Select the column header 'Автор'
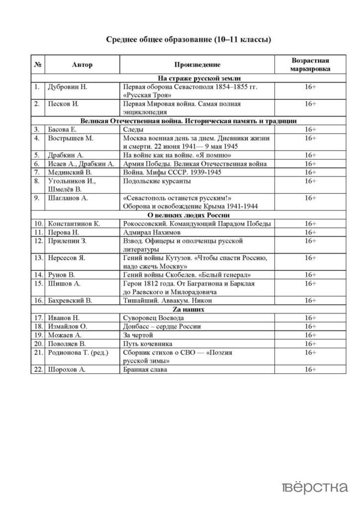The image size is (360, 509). (x=82, y=65)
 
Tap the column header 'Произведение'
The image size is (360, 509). (x=197, y=65)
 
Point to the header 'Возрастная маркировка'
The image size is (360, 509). (x=310, y=65)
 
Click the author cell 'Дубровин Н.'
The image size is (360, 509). (x=67, y=86)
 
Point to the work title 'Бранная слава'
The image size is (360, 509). (x=145, y=369)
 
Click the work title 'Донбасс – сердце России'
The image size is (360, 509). (x=162, y=326)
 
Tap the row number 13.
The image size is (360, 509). (x=37, y=257)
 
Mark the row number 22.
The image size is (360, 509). (x=37, y=369)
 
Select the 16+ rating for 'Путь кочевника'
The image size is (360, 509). (x=310, y=343)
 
